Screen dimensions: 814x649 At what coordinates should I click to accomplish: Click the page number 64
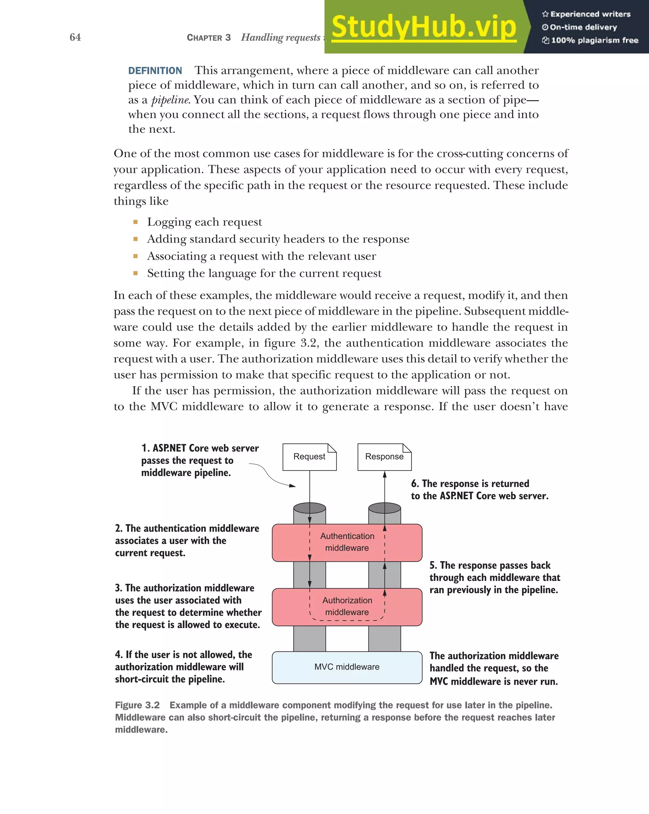pyautogui.click(x=75, y=37)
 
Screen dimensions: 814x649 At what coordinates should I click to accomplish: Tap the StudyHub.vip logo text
pyautogui.click(x=424, y=27)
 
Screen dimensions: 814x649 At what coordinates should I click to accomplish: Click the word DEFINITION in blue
pyautogui.click(x=155, y=71)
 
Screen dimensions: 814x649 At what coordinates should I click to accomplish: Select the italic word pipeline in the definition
pyautogui.click(x=170, y=100)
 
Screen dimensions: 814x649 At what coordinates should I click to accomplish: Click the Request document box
pyautogui.click(x=309, y=457)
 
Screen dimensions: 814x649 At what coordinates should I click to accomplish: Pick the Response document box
pyautogui.click(x=384, y=457)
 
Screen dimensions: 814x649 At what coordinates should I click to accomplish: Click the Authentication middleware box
pyautogui.click(x=347, y=542)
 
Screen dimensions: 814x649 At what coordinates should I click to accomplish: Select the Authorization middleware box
pyautogui.click(x=347, y=606)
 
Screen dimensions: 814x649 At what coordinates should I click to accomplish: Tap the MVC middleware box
pyautogui.click(x=347, y=667)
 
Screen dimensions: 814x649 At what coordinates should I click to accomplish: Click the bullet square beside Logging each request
pyautogui.click(x=136, y=222)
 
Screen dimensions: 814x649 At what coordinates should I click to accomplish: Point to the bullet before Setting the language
pyautogui.click(x=136, y=273)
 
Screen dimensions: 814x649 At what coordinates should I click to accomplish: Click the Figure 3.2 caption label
pyautogui.click(x=137, y=705)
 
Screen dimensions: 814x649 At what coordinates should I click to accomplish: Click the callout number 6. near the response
pyautogui.click(x=415, y=484)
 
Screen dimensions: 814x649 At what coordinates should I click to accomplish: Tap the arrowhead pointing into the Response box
pyautogui.click(x=385, y=475)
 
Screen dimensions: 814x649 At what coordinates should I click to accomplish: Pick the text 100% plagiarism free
pyautogui.click(x=594, y=40)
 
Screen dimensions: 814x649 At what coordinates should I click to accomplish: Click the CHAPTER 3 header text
pyautogui.click(x=209, y=38)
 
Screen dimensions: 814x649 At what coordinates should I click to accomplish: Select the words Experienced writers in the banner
pyautogui.click(x=590, y=14)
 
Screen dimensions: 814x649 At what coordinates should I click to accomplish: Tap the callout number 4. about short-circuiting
pyautogui.click(x=119, y=655)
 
